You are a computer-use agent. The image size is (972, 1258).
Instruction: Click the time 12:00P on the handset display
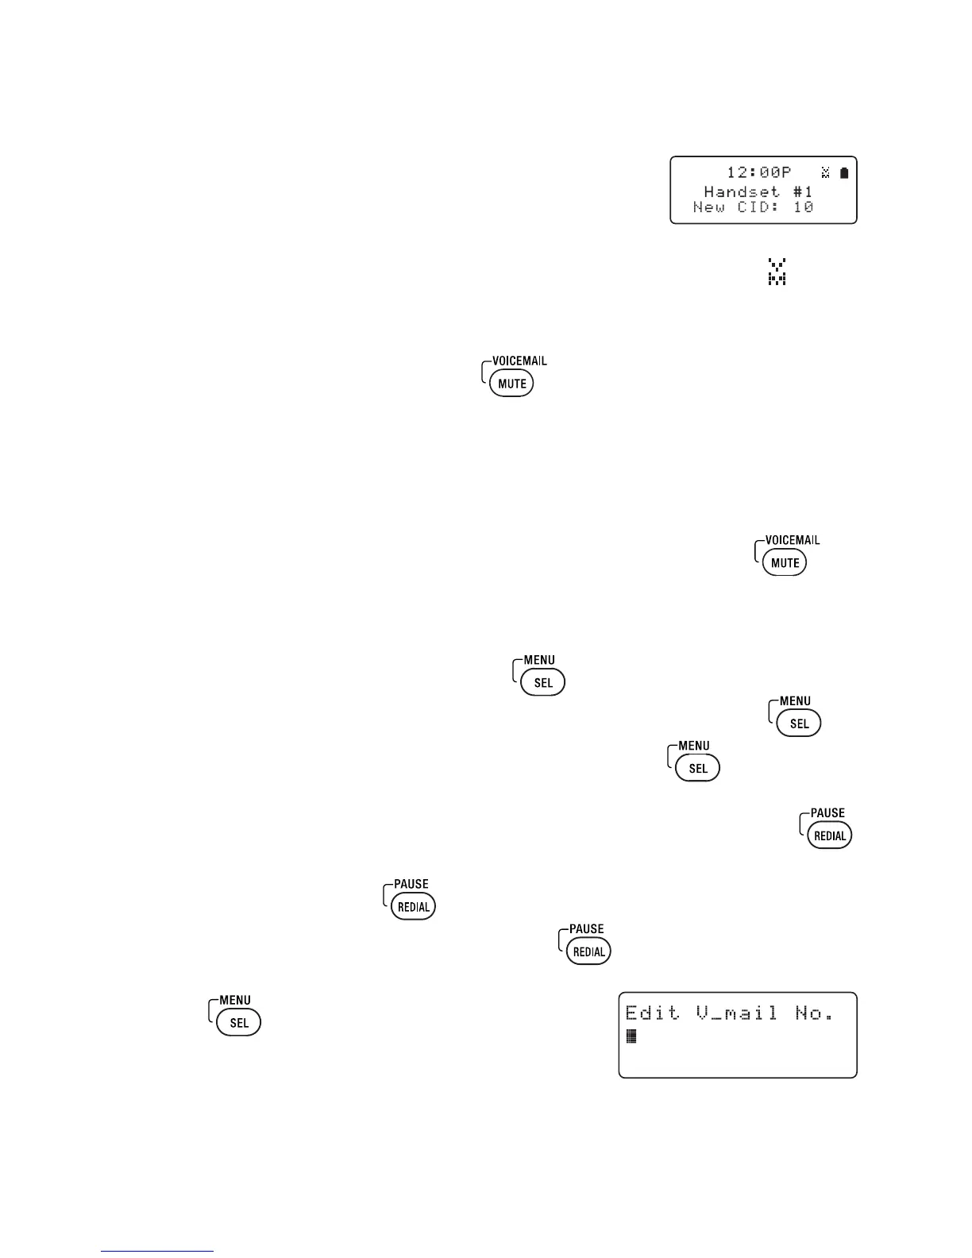coord(759,172)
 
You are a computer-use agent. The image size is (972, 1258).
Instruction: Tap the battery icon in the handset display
coord(844,172)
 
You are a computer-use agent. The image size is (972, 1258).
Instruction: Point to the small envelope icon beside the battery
coord(826,172)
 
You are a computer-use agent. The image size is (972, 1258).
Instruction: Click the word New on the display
coord(708,207)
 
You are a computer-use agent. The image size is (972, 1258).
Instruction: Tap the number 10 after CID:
coord(803,207)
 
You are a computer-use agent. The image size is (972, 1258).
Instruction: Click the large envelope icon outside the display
coord(777,272)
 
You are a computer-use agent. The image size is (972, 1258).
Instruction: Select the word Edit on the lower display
coord(653,1013)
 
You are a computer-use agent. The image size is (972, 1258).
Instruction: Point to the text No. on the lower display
coord(815,1013)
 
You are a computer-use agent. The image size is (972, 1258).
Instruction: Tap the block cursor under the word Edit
coord(631,1036)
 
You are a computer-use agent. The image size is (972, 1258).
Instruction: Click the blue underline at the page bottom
coord(158,1252)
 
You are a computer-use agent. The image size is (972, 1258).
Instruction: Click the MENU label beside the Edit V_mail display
coord(235,1001)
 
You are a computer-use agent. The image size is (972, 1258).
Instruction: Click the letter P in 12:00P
coord(786,172)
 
